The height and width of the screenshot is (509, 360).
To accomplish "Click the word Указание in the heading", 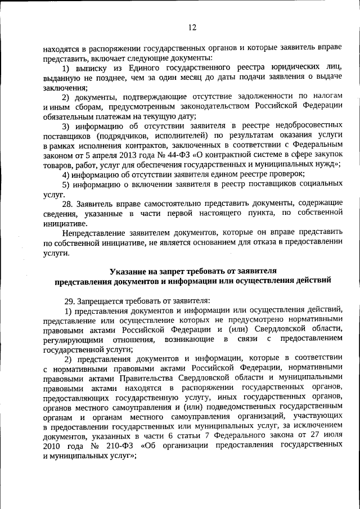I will point(127,271).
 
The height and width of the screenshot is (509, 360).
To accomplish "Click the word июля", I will point(332,435).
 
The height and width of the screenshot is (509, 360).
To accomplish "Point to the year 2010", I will point(52,444).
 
